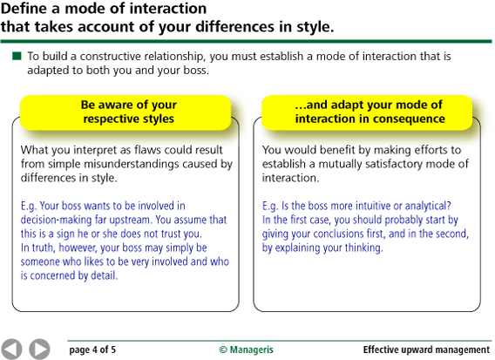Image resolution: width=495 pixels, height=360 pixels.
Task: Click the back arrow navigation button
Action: click(x=13, y=348)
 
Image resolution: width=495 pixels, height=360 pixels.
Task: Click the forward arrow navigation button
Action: click(x=39, y=348)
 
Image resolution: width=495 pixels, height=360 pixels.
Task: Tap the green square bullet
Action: click(x=17, y=57)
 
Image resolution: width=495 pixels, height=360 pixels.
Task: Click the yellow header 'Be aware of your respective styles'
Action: click(x=126, y=112)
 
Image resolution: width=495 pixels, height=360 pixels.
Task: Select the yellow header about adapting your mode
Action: click(x=370, y=112)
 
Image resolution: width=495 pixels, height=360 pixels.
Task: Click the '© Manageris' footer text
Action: click(x=246, y=350)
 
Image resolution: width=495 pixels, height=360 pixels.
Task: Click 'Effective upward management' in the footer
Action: click(x=426, y=350)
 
